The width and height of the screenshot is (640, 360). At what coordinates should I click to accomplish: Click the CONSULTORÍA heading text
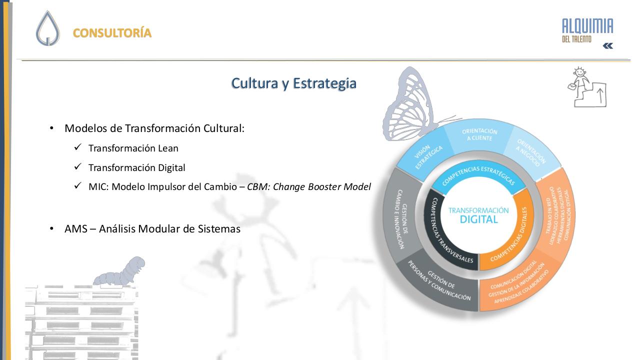112,33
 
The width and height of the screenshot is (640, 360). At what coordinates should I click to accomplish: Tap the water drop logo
47,29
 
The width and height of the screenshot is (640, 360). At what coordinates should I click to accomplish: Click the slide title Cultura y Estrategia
293,83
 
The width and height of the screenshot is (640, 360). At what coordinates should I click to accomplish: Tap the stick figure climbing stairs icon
587,87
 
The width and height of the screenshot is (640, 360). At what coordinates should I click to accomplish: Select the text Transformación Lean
133,148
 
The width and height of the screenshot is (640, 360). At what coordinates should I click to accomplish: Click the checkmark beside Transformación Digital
77,167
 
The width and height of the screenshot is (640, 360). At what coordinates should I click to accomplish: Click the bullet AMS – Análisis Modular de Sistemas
152,229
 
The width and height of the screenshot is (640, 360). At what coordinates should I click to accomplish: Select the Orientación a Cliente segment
479,134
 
